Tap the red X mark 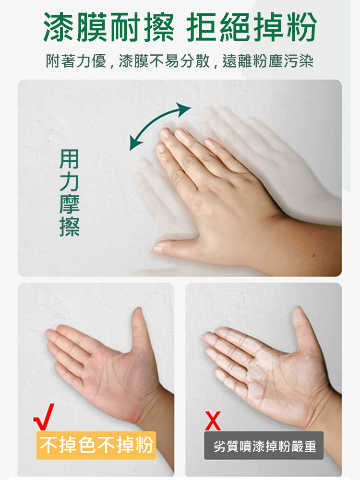[x=213, y=421]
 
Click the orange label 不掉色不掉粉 [x=96, y=445]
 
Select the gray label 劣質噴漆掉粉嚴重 [x=264, y=445]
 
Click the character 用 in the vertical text [x=69, y=159]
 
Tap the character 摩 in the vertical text [x=69, y=204]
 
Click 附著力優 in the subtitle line [x=76, y=60]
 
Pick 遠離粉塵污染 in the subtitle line [x=268, y=60]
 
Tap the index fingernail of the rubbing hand [x=166, y=133]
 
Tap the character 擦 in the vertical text [x=69, y=227]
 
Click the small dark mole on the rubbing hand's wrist [x=313, y=255]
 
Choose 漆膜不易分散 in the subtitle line [x=164, y=60]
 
